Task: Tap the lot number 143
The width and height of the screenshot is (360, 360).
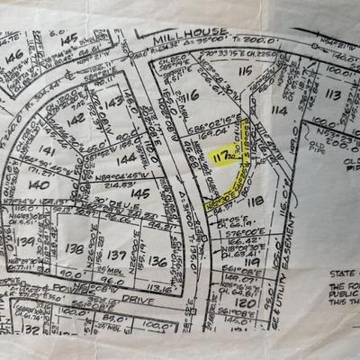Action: click(112, 103)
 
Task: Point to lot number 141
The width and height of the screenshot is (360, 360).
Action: click(47, 152)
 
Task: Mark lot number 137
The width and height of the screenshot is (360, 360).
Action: click(116, 255)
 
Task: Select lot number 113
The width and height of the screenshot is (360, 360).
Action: click(332, 94)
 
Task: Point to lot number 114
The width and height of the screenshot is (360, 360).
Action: click(278, 110)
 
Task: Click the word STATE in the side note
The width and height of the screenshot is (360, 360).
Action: click(338, 269)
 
